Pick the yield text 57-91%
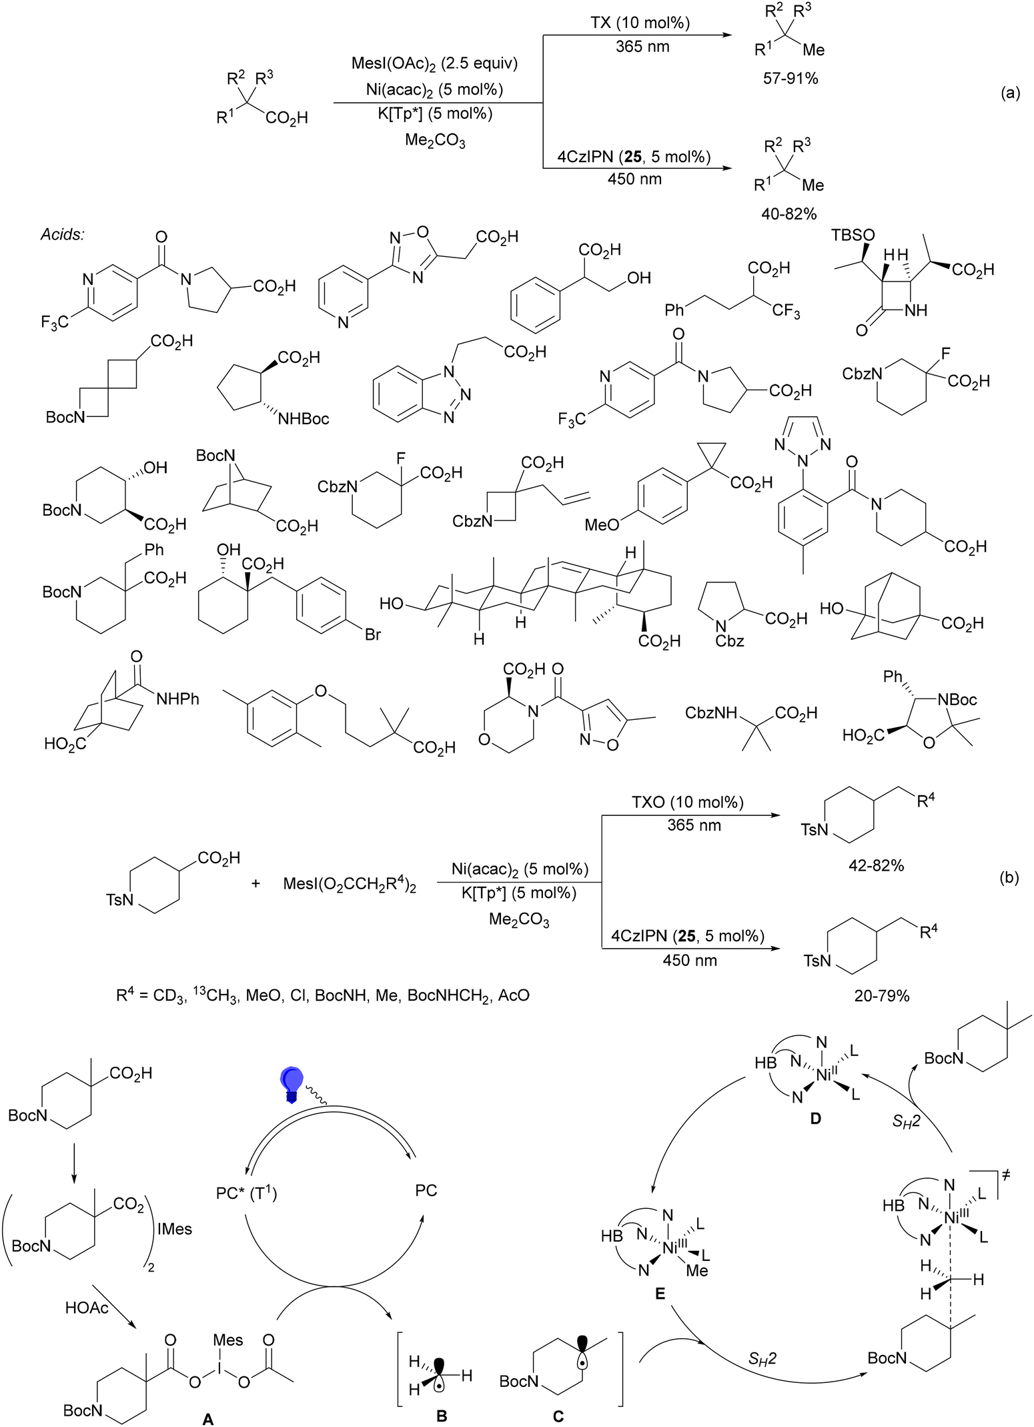point(791,79)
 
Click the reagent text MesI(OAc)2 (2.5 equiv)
point(434,64)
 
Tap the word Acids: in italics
point(61,234)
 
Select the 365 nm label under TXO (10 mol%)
point(694,825)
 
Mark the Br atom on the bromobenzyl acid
point(372,634)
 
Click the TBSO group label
point(853,235)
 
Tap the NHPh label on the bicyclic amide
point(177,698)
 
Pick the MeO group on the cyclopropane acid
point(602,526)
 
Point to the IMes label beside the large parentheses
point(174,1228)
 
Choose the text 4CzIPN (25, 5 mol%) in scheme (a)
point(634,157)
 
